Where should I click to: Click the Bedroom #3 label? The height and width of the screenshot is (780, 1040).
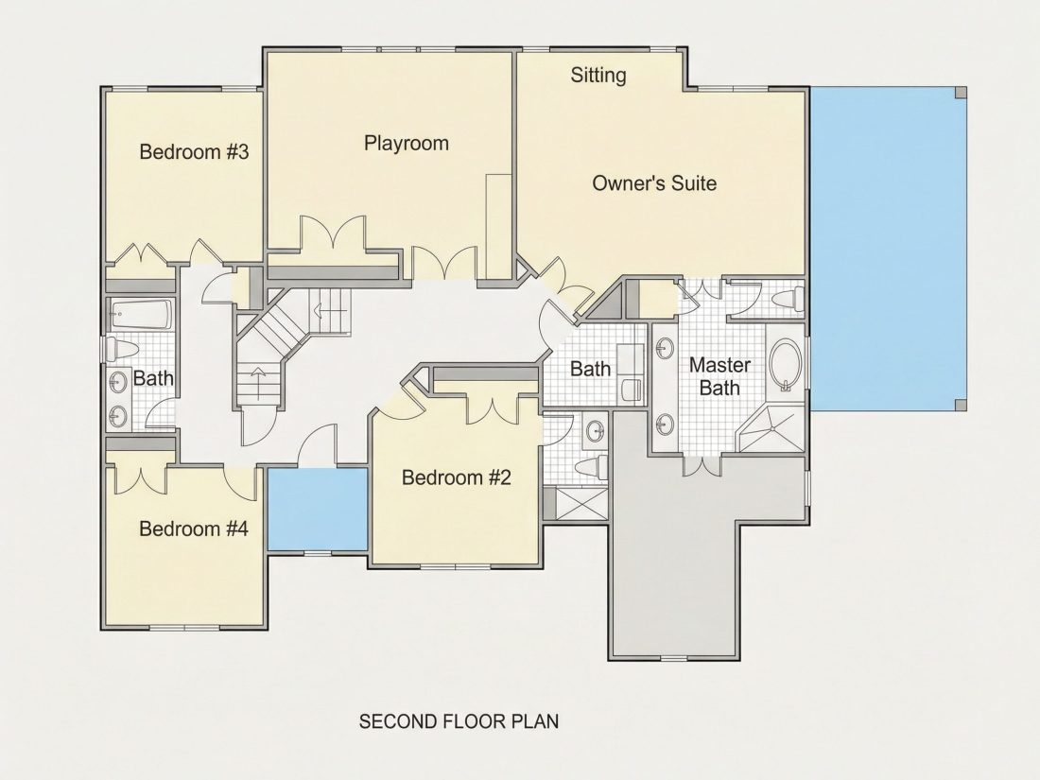click(194, 152)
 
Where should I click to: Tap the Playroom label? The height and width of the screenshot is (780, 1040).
click(406, 144)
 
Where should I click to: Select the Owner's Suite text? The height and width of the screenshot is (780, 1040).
click(654, 183)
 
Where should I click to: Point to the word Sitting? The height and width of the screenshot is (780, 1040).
click(598, 75)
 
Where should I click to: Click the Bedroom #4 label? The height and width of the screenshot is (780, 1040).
click(194, 529)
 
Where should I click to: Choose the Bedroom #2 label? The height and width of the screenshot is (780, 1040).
click(457, 477)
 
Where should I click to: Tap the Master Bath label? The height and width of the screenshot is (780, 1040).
click(719, 376)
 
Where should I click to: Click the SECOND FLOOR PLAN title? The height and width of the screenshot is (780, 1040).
click(459, 721)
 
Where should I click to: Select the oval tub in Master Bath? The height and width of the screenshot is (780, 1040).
click(786, 366)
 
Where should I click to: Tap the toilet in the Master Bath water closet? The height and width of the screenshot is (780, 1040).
click(789, 300)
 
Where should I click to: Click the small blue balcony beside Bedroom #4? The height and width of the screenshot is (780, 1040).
click(317, 509)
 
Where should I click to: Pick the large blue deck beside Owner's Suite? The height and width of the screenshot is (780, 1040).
click(888, 250)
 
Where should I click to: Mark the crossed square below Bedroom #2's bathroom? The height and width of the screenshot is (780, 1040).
click(581, 503)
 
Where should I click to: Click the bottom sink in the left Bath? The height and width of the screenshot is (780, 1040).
click(119, 416)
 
